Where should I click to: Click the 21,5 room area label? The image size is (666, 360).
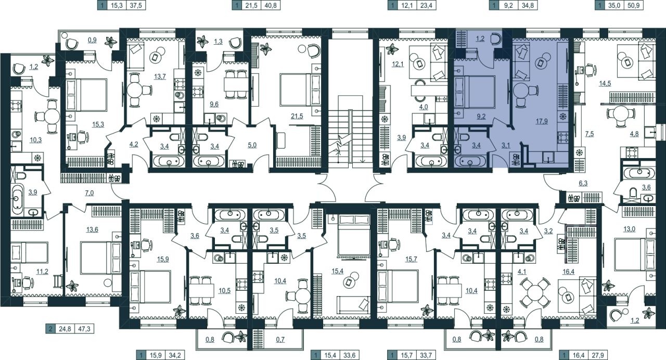[297, 116]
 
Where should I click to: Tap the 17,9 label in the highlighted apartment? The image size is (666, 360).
[542, 121]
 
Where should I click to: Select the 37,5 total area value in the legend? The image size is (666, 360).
[136, 5]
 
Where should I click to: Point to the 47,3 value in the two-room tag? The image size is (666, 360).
[84, 329]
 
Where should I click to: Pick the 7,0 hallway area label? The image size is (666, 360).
[89, 193]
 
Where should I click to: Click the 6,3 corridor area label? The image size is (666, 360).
[583, 183]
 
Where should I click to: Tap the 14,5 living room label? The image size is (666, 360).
[605, 84]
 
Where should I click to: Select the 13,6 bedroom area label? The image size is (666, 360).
[92, 229]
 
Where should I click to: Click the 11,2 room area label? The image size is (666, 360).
[42, 272]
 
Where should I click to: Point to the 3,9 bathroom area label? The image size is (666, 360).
[33, 192]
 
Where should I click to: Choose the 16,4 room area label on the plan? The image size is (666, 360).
[569, 272]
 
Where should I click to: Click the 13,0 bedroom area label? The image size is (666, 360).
[630, 229]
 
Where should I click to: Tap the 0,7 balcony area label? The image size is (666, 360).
[280, 339]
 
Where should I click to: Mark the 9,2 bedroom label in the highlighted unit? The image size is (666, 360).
[481, 116]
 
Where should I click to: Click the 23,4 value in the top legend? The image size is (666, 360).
[426, 5]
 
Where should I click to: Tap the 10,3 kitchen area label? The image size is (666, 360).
[36, 140]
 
